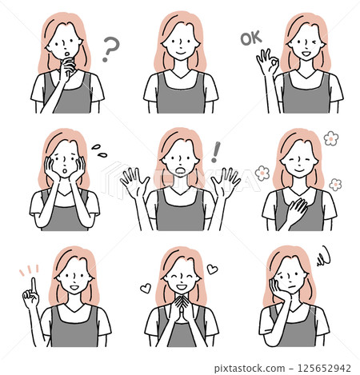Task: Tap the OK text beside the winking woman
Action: click(x=251, y=38)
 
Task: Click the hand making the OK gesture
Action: click(x=267, y=62)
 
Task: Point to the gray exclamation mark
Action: click(x=215, y=152)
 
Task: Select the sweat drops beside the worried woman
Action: click(x=99, y=151)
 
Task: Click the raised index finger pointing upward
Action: click(x=34, y=285)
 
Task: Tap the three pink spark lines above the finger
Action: click(x=29, y=270)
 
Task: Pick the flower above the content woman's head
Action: click(x=331, y=138)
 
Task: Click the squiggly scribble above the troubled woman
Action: click(x=324, y=256)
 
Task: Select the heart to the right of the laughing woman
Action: click(x=212, y=269)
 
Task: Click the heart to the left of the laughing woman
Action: click(x=146, y=288)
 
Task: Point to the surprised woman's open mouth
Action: click(x=181, y=170)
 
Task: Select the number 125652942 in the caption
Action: click(x=324, y=369)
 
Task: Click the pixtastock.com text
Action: click(x=250, y=369)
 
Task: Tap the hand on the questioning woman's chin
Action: click(x=66, y=69)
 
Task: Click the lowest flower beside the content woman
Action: click(x=335, y=185)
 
